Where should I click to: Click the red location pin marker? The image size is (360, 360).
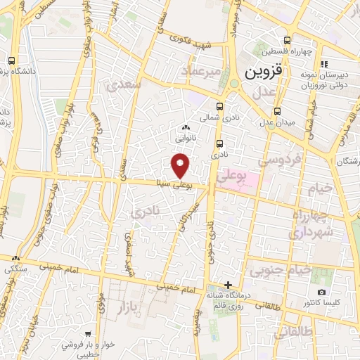point(181,166)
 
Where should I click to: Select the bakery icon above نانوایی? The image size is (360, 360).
point(186,127)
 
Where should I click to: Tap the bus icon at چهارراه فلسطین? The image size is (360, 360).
point(286,40)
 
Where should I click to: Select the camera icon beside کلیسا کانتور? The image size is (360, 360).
point(322,292)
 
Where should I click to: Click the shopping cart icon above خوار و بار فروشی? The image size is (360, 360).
point(87,334)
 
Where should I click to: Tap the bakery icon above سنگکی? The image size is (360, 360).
point(15,258)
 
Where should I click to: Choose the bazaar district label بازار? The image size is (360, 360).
point(125,306)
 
